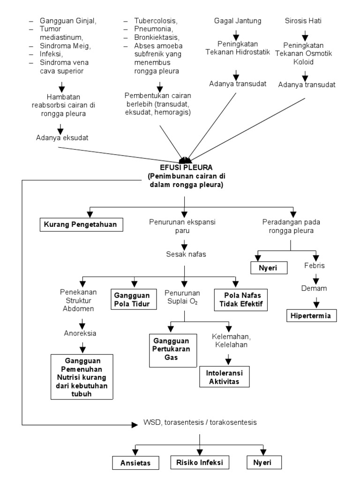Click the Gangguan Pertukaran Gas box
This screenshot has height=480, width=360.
[172, 350]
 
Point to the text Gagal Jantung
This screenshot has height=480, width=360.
[237, 21]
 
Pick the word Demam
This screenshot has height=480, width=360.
[314, 288]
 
